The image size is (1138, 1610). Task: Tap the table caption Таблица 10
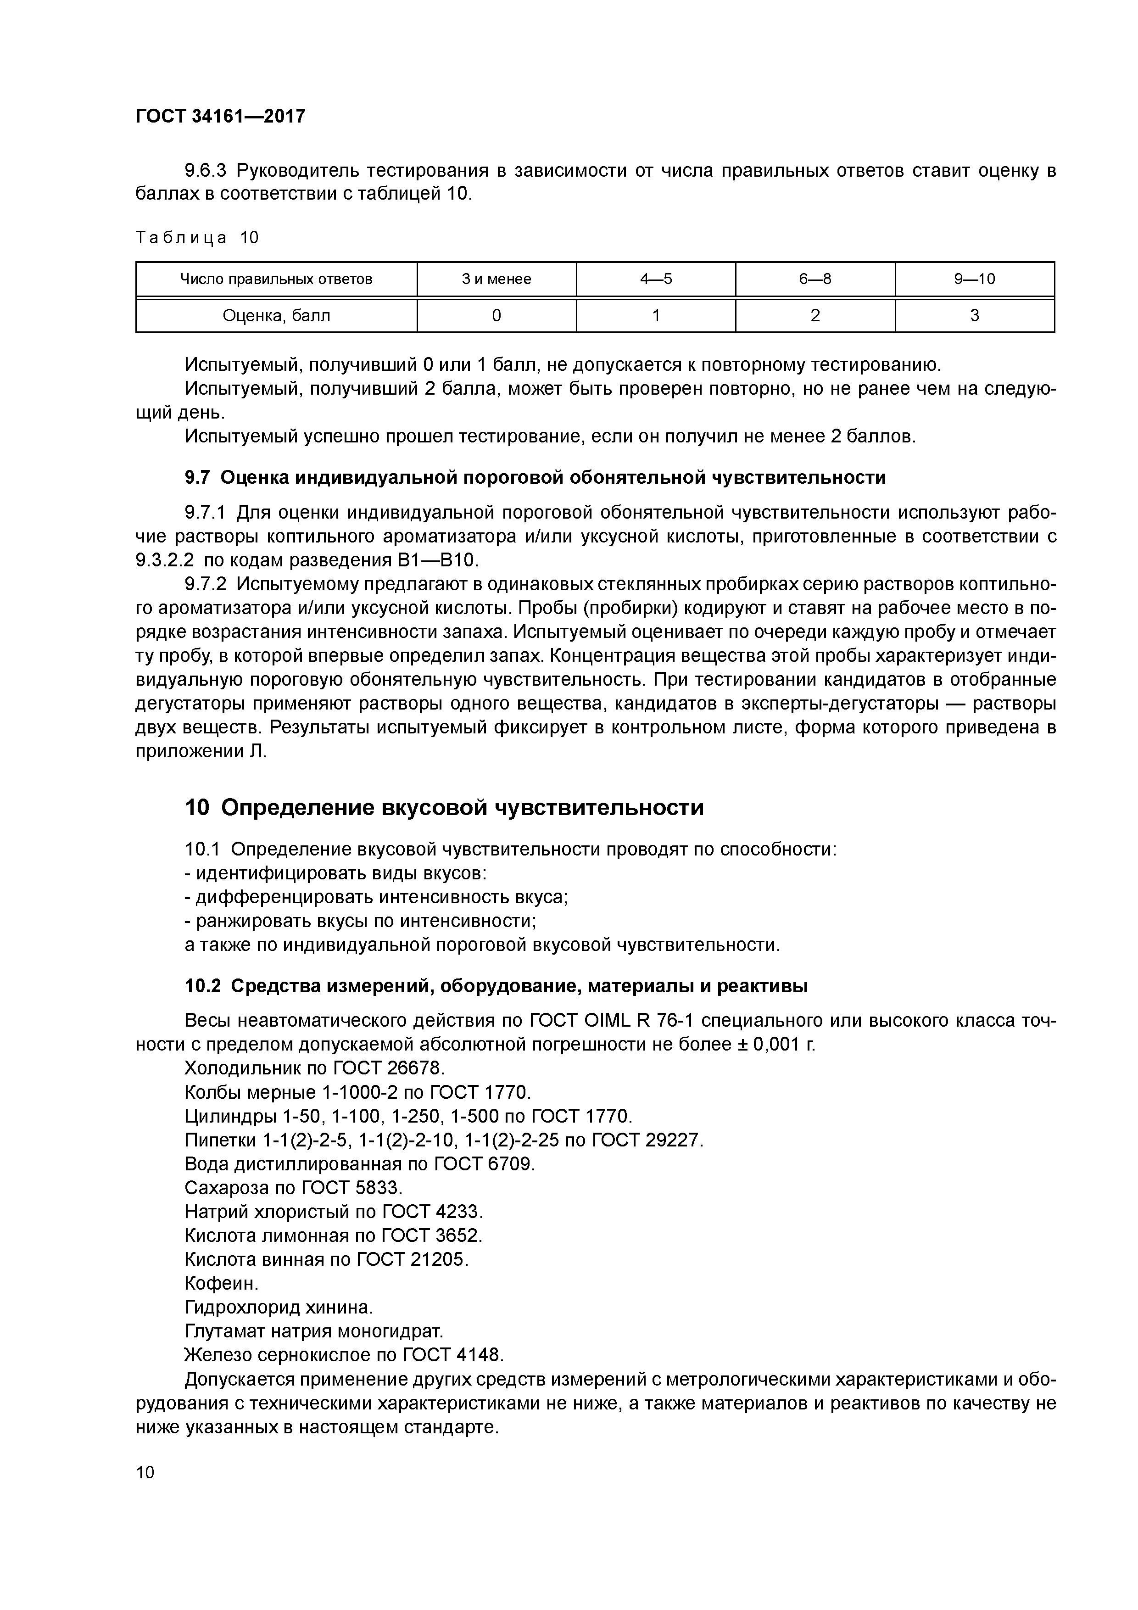tap(197, 238)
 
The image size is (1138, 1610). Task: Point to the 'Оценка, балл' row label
tap(276, 316)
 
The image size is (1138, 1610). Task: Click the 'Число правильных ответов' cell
tap(276, 279)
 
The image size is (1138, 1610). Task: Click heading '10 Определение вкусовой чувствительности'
tap(444, 808)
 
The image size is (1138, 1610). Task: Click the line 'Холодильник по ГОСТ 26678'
tap(315, 1068)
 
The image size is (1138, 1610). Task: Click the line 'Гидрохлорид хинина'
tap(279, 1307)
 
